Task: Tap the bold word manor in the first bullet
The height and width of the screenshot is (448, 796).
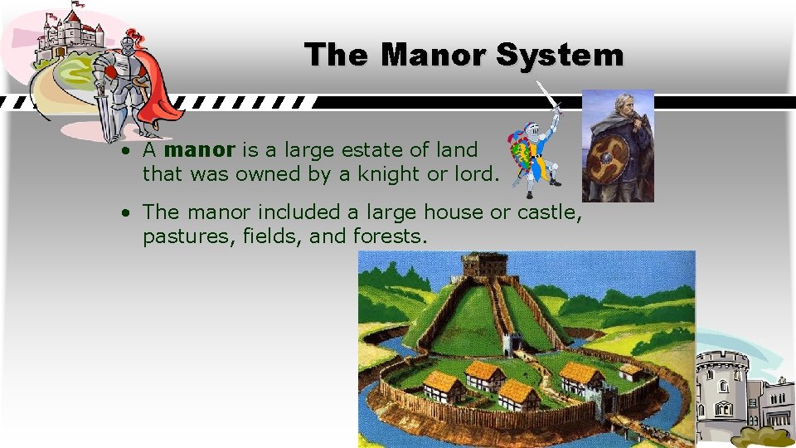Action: (x=200, y=150)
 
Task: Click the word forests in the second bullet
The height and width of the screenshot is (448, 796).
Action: (x=390, y=236)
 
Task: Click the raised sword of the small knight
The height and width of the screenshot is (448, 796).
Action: (x=549, y=100)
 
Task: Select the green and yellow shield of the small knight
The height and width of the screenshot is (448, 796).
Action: (x=523, y=156)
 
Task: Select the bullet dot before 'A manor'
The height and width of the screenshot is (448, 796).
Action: (x=122, y=152)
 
